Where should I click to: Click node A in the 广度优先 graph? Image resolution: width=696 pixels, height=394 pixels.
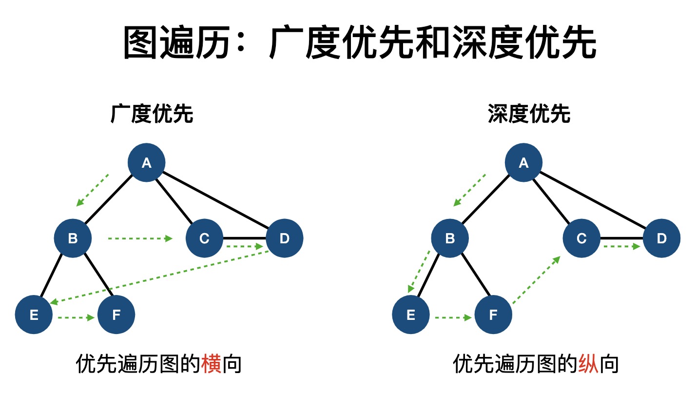click(x=146, y=162)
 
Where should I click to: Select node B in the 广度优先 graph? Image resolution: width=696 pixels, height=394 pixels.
click(x=73, y=238)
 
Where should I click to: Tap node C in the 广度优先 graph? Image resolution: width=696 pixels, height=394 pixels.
click(x=204, y=238)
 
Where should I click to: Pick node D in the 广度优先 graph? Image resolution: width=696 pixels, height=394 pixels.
click(x=284, y=238)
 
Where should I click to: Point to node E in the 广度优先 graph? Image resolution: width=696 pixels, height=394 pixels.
click(x=34, y=315)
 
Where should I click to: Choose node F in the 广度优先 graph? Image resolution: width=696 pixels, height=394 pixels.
click(x=116, y=315)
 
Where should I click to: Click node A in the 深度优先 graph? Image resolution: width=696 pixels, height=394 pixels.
click(x=523, y=162)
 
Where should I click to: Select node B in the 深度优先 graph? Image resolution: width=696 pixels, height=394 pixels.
click(x=450, y=238)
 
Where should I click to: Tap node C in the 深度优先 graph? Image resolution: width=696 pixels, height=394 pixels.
click(x=581, y=238)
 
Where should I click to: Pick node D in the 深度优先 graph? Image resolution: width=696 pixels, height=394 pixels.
click(x=661, y=238)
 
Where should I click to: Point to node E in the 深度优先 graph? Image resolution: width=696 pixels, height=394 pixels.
click(x=411, y=315)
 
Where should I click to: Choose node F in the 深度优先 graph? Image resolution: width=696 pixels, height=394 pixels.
click(x=493, y=315)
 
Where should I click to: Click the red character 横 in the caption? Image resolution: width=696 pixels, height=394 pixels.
click(x=212, y=364)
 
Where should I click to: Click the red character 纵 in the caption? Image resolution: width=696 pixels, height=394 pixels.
click(x=588, y=364)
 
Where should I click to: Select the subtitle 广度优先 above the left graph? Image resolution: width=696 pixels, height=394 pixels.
click(x=152, y=114)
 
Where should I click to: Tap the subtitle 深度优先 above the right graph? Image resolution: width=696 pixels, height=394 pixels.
click(x=529, y=114)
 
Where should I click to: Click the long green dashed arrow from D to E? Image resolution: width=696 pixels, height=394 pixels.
click(x=160, y=276)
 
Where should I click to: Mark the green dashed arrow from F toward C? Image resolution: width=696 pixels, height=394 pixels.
click(x=536, y=279)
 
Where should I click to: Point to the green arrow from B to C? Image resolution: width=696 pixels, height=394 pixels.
click(x=140, y=238)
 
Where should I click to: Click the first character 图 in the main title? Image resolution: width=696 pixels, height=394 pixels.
click(x=140, y=42)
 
